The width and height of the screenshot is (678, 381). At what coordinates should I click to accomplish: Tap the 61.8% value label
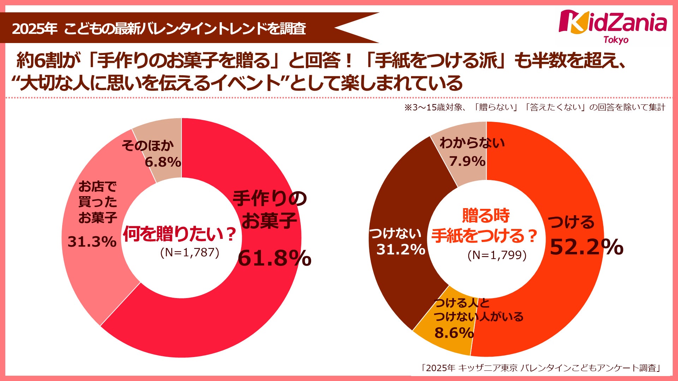pyautogui.click(x=274, y=258)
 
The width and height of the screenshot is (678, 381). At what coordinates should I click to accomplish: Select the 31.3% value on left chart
pyautogui.click(x=92, y=242)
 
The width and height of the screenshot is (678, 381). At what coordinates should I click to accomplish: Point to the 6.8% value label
pyautogui.click(x=163, y=162)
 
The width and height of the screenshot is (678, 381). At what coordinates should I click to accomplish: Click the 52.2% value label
pyautogui.click(x=586, y=247)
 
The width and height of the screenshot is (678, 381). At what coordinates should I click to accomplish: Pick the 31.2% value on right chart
pyautogui.click(x=400, y=249)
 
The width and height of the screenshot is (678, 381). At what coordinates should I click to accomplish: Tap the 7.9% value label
pyautogui.click(x=467, y=161)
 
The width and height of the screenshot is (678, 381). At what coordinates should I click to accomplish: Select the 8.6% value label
pyautogui.click(x=454, y=333)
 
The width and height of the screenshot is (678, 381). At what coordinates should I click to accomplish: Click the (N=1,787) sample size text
pyautogui.click(x=190, y=252)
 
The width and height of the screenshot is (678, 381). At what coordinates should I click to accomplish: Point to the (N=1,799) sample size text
pyautogui.click(x=497, y=255)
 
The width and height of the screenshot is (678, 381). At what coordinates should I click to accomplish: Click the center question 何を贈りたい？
pyautogui.click(x=179, y=234)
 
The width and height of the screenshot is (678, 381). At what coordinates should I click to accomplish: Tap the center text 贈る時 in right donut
pyautogui.click(x=486, y=216)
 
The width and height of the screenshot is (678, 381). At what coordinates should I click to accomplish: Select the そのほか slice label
pyautogui.click(x=148, y=145)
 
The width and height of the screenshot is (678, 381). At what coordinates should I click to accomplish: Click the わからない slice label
pyautogui.click(x=472, y=143)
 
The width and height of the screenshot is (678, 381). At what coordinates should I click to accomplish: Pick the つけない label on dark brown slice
pyautogui.click(x=395, y=233)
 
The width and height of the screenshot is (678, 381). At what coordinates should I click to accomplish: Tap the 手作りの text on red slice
pyautogui.click(x=269, y=199)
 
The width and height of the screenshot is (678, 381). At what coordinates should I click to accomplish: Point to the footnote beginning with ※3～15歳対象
pyautogui.click(x=534, y=107)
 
